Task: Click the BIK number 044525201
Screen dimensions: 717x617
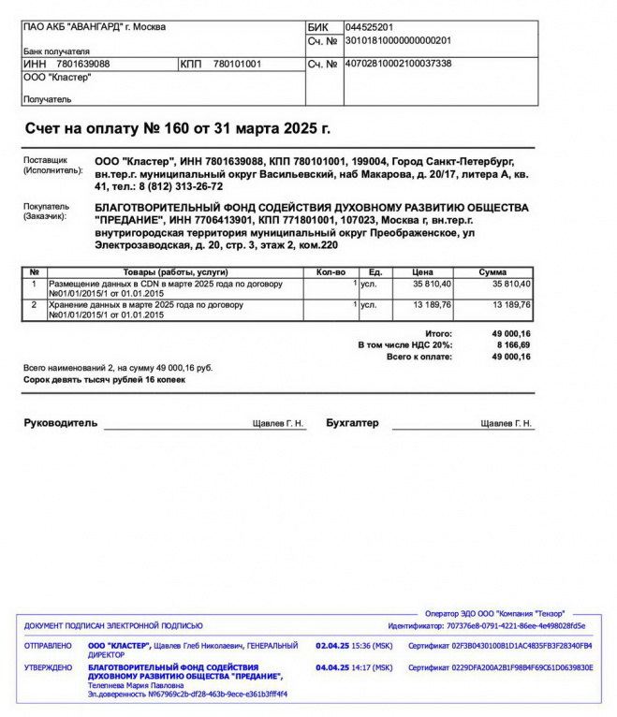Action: tap(369, 27)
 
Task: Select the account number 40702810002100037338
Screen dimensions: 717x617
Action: tap(398, 64)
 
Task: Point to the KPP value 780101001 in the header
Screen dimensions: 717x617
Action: tap(238, 64)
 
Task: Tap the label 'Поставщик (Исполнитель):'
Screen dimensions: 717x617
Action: tap(52, 166)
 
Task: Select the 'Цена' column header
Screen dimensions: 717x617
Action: tap(422, 272)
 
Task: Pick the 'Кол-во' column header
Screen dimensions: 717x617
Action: tap(331, 272)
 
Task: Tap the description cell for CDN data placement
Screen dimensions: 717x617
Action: tap(174, 288)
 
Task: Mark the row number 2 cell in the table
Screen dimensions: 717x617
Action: tap(35, 304)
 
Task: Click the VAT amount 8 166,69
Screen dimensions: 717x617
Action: tap(512, 345)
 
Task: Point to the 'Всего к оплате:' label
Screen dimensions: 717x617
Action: tap(419, 357)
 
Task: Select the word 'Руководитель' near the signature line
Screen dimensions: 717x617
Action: tap(60, 423)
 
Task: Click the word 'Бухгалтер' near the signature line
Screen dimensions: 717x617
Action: tap(352, 423)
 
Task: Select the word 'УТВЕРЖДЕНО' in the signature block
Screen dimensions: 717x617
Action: tap(49, 667)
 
